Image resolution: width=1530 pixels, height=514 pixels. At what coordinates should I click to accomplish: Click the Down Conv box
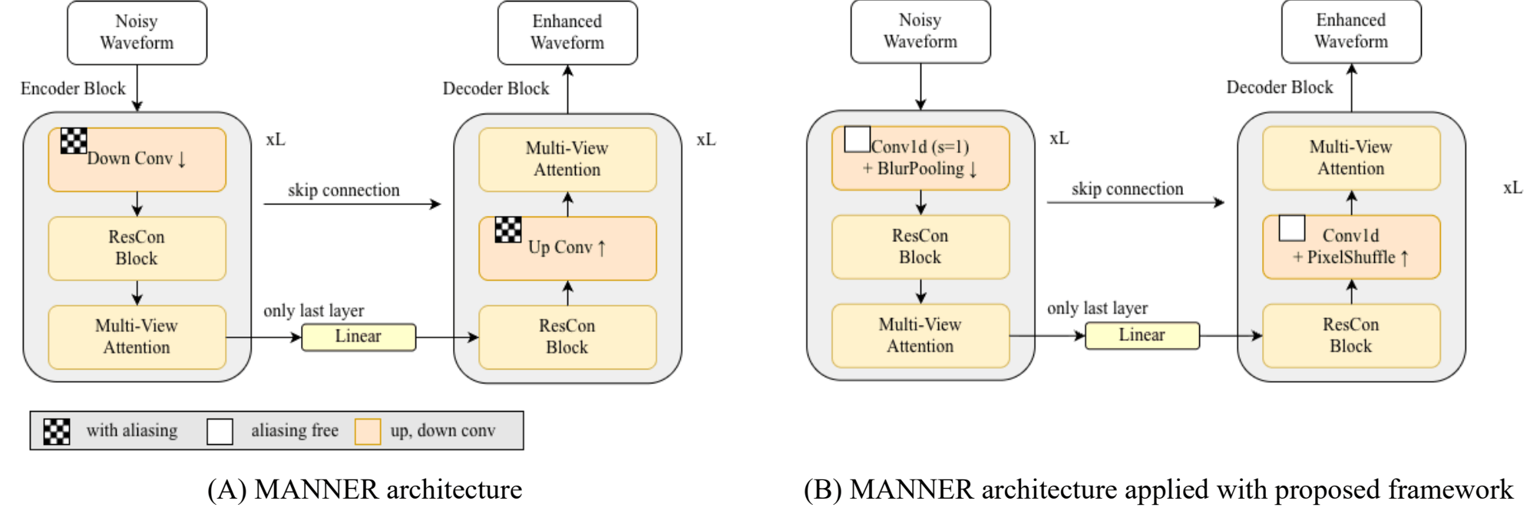pos(137,159)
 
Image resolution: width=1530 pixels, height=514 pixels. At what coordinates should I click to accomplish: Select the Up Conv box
pos(567,248)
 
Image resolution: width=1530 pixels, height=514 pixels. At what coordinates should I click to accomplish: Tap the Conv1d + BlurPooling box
pos(920,158)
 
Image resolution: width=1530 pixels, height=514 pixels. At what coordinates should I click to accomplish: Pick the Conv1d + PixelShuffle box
pos(1351,247)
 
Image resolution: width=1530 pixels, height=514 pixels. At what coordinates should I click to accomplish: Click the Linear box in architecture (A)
pos(359,337)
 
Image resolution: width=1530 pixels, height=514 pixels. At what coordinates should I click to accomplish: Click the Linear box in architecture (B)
pos(1142,335)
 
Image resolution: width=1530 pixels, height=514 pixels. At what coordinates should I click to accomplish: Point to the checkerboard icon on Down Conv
pos(74,141)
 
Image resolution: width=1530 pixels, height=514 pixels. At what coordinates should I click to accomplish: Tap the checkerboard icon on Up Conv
pos(508,230)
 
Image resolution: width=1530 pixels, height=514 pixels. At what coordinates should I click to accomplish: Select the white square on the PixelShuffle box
pos(1292,228)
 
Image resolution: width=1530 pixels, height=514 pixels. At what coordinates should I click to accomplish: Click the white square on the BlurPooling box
pos(858,139)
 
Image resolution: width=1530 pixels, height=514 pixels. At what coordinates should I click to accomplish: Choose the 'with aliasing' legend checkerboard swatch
pos(56,432)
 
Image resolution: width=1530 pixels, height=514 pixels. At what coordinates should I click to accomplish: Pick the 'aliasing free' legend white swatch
pos(220,432)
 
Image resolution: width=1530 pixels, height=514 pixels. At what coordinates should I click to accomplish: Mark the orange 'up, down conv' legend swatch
pos(368,432)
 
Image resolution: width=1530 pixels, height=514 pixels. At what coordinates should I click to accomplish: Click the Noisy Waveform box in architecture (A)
pos(137,32)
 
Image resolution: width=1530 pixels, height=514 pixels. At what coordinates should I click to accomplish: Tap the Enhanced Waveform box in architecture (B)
pos(1351,32)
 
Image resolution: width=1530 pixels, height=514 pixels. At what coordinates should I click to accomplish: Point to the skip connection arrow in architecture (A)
pos(352,204)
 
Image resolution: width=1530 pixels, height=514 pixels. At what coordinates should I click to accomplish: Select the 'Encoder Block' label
pos(73,88)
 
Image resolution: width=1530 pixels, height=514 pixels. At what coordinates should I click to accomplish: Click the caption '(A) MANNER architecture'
pos(365,489)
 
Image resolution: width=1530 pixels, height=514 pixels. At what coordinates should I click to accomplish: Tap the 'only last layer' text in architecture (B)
pos(1098,308)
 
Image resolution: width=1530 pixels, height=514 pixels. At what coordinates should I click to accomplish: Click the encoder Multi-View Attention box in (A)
pos(137,337)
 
